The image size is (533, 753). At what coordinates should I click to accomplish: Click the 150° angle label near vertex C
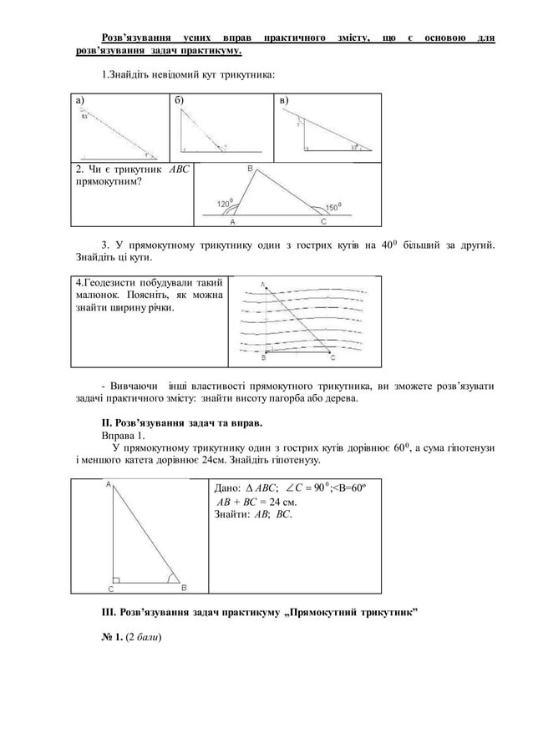pyautogui.click(x=332, y=207)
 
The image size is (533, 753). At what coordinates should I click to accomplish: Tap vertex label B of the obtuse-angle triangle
pyautogui.click(x=250, y=169)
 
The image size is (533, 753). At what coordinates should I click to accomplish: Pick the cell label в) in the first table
pyautogui.click(x=284, y=101)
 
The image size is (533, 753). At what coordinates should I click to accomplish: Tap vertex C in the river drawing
pyautogui.click(x=332, y=359)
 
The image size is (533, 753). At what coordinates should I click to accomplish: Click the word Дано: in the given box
pyautogui.click(x=228, y=488)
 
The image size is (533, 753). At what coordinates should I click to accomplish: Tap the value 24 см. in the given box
pyautogui.click(x=282, y=502)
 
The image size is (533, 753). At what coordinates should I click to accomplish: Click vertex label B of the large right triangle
pyautogui.click(x=184, y=586)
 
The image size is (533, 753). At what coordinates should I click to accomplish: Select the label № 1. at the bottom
pyautogui.click(x=112, y=638)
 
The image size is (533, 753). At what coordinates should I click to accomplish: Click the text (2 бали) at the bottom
pyautogui.click(x=143, y=638)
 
